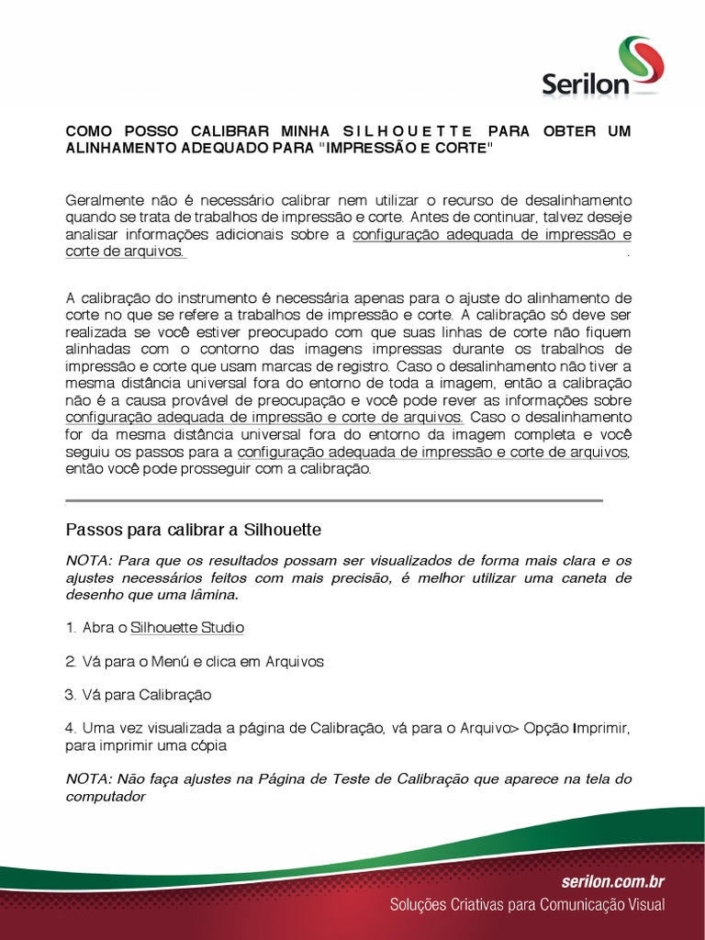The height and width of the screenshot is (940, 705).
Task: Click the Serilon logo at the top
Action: tap(601, 68)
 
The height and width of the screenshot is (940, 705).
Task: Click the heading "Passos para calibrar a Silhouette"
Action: tap(193, 530)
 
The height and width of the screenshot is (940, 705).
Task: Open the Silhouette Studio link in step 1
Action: tap(187, 628)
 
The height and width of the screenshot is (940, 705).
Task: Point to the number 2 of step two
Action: tap(70, 661)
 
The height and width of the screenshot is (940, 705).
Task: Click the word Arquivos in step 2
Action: tap(295, 661)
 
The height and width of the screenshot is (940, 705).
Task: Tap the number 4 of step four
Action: tap(70, 727)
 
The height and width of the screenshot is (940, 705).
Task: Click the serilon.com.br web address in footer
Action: tap(612, 882)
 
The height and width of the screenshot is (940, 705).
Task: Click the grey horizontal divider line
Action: tap(334, 501)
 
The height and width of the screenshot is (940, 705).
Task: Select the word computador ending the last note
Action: tap(106, 797)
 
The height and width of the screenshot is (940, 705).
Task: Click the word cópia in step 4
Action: tap(207, 745)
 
